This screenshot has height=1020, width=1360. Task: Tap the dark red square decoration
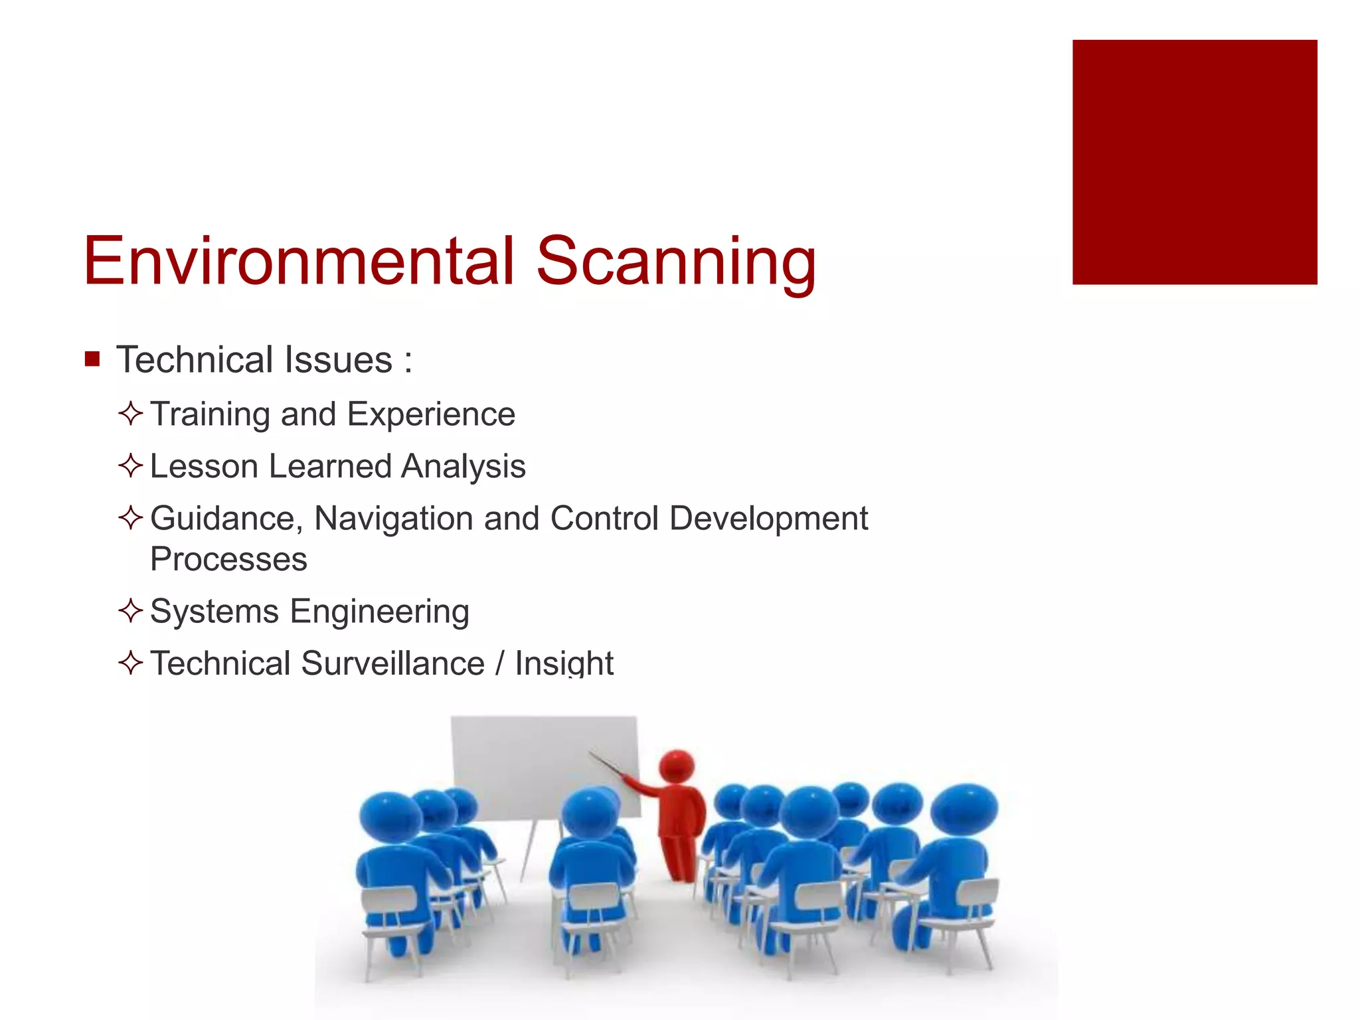coord(1194,162)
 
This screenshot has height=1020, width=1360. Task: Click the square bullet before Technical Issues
coord(92,360)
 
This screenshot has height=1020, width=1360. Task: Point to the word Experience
coord(431,414)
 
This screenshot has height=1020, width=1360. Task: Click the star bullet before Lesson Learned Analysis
coord(131,466)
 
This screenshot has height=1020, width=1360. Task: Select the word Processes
coord(228,558)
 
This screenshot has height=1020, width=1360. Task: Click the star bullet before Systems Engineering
coord(131,611)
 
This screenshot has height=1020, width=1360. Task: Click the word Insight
coord(564,663)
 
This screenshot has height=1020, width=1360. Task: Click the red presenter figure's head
coord(677,767)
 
